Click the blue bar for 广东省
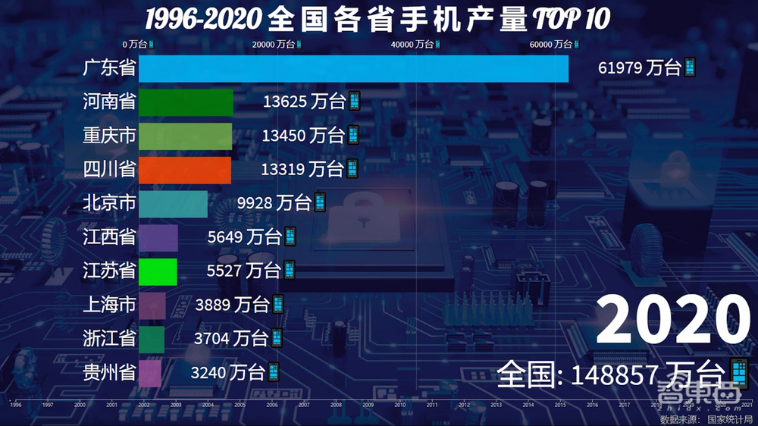[353, 69]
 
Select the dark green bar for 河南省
[186, 102]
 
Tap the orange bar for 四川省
[185, 170]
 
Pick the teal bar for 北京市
[173, 203]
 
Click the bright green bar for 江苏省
[158, 271]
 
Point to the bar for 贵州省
[150, 372]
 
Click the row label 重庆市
[109, 136]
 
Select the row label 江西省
[109, 237]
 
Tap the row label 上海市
[109, 305]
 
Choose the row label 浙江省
[109, 338]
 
